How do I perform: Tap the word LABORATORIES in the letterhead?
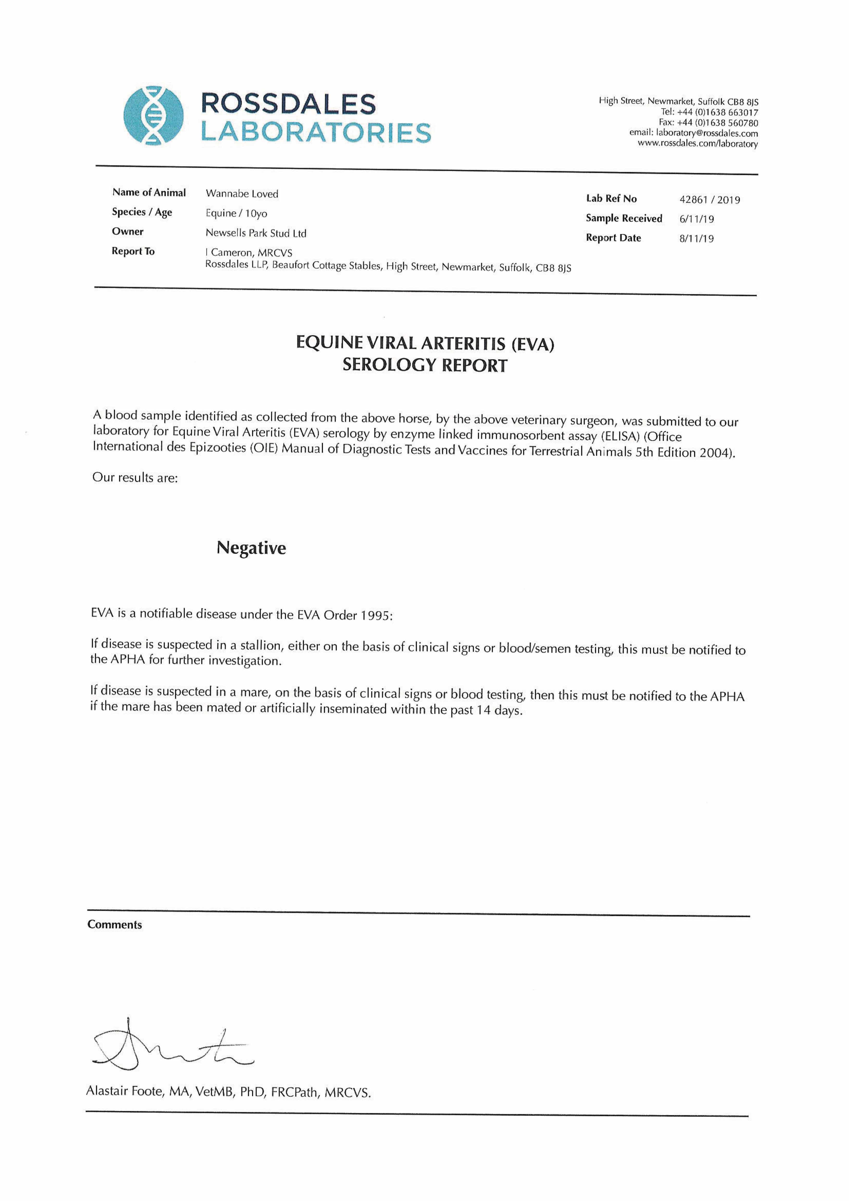316,133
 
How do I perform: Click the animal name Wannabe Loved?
242,194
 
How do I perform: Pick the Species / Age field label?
142,212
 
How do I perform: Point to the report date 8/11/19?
696,239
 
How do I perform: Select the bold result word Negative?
251,548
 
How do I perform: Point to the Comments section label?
115,924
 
